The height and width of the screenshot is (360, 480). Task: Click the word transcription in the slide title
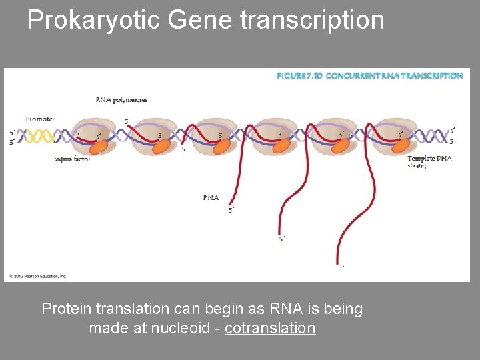click(x=312, y=21)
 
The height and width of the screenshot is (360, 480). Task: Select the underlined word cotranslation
click(x=270, y=328)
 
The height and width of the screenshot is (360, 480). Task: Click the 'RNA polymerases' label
click(x=121, y=100)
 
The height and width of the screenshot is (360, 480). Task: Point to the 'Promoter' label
click(x=40, y=119)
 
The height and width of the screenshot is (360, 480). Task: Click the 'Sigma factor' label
click(x=71, y=159)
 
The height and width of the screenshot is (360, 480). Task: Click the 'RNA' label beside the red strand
click(x=211, y=197)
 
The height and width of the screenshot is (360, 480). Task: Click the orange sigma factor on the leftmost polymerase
click(x=102, y=145)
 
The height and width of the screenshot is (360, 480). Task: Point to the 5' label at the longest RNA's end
click(x=341, y=269)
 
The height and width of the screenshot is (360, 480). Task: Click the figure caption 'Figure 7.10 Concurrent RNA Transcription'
click(x=369, y=76)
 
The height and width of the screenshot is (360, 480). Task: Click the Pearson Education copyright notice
click(x=37, y=276)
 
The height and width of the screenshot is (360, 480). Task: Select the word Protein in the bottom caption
click(x=67, y=309)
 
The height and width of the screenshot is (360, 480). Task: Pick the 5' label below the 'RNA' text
click(x=231, y=211)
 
